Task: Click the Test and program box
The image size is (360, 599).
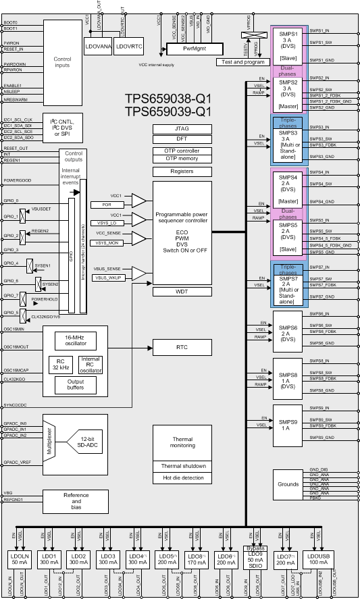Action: (x=239, y=61)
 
